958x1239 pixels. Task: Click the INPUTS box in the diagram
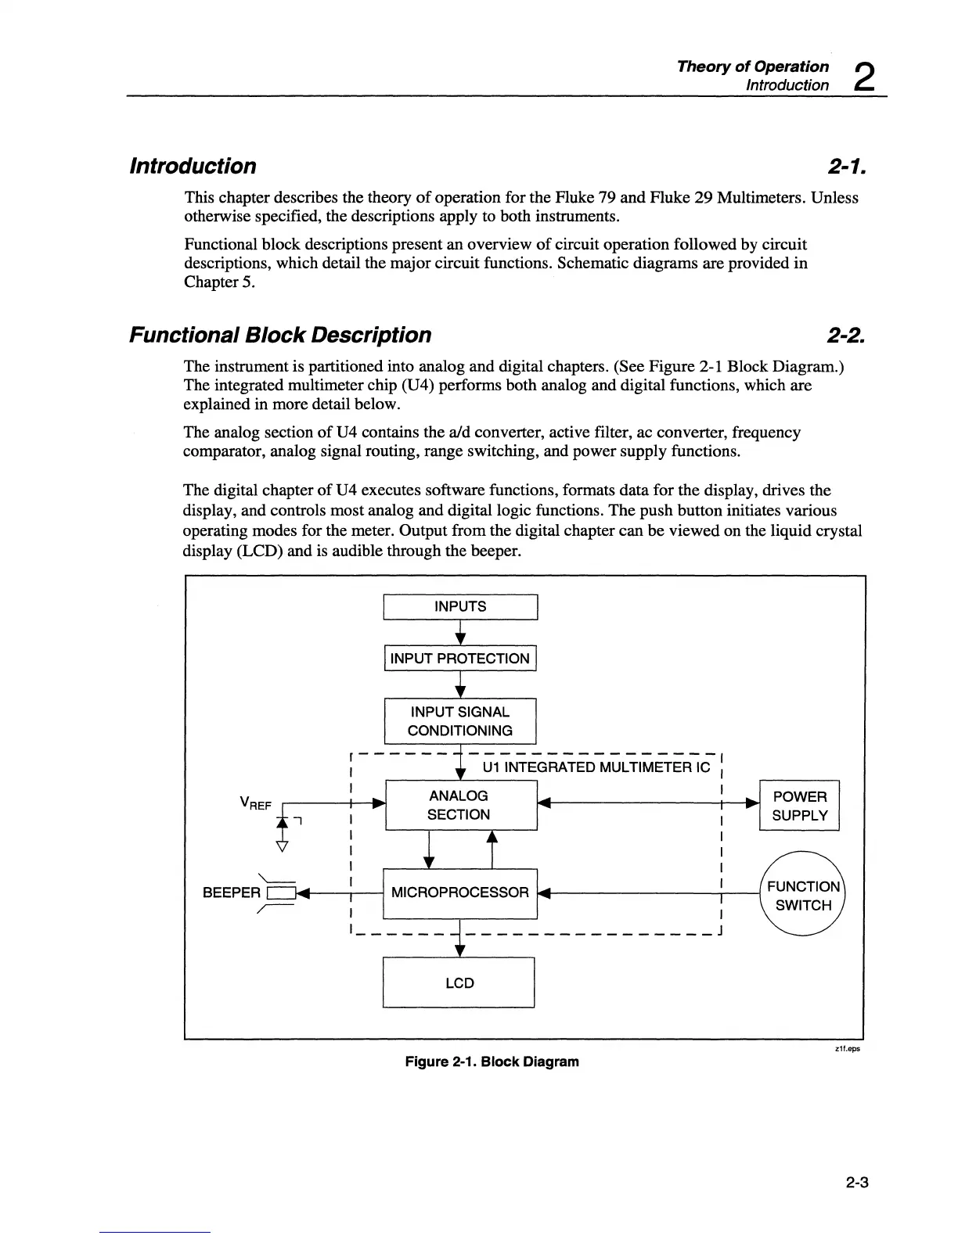coord(460,607)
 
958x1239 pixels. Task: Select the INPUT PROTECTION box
coord(460,659)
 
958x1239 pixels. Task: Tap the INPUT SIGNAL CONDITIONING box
coord(460,721)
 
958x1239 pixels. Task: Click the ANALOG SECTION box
coord(460,805)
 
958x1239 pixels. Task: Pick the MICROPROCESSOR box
coord(460,892)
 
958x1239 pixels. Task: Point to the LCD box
coord(459,982)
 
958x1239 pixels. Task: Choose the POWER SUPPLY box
coord(799,806)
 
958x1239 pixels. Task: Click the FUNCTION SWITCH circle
coord(803,896)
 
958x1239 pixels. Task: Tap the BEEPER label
coord(231,892)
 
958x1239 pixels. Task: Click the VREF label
coord(255,803)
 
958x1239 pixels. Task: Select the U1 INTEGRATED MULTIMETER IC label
coord(596,767)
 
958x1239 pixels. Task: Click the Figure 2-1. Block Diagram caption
coord(492,1061)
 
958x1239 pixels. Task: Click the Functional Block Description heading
coord(280,336)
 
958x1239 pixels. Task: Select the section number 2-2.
coord(845,336)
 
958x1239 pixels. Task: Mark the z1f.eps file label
coord(848,1049)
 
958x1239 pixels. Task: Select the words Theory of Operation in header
coord(753,66)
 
